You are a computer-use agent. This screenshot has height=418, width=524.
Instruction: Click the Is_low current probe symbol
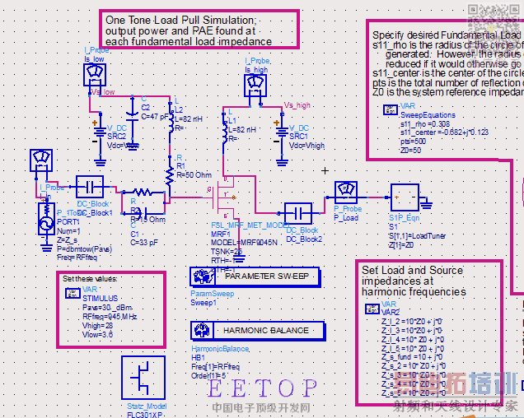96,75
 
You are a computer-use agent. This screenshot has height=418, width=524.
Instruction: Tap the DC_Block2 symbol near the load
297,212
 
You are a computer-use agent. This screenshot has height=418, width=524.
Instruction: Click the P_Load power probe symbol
347,193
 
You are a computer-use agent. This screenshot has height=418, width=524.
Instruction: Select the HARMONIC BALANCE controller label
266,331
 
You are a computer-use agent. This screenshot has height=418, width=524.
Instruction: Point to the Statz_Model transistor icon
143,378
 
